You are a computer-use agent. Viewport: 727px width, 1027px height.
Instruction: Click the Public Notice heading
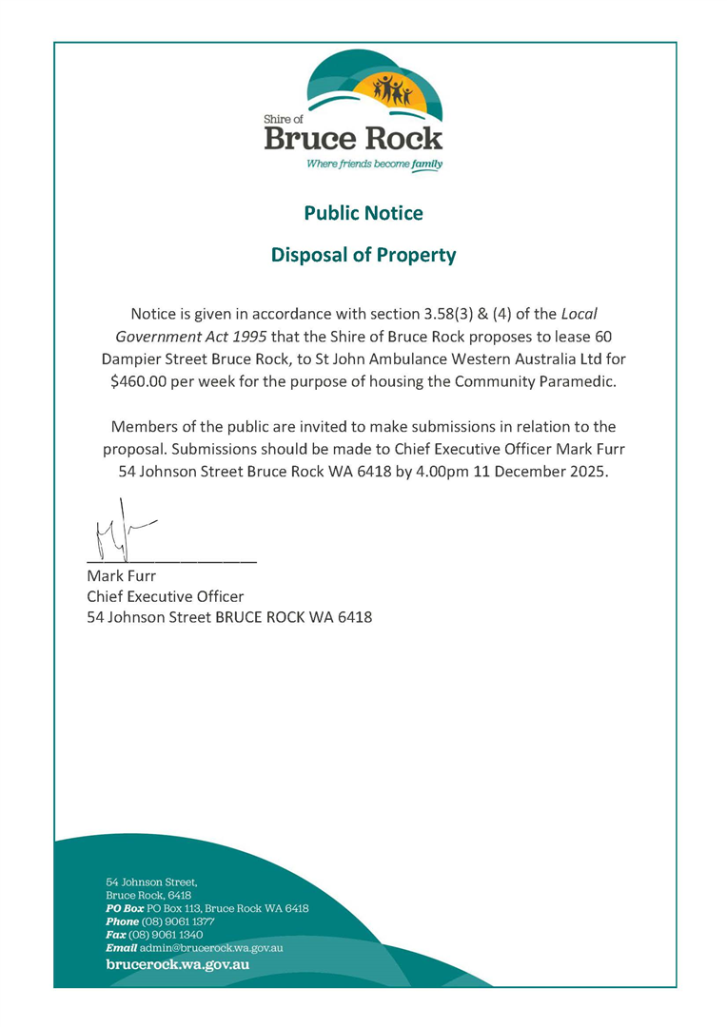tap(363, 213)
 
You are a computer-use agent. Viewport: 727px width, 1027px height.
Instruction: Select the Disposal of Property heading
tap(363, 255)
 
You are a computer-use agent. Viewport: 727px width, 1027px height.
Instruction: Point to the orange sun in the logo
tap(390, 90)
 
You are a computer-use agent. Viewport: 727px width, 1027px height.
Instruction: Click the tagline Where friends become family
tap(374, 164)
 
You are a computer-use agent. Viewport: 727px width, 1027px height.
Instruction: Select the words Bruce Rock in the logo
tap(353, 140)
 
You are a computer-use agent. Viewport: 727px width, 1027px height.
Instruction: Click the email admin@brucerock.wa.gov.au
tap(210, 948)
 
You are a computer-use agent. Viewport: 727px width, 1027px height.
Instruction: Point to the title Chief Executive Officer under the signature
tap(165, 596)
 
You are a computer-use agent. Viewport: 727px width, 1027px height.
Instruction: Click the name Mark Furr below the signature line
tap(121, 575)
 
